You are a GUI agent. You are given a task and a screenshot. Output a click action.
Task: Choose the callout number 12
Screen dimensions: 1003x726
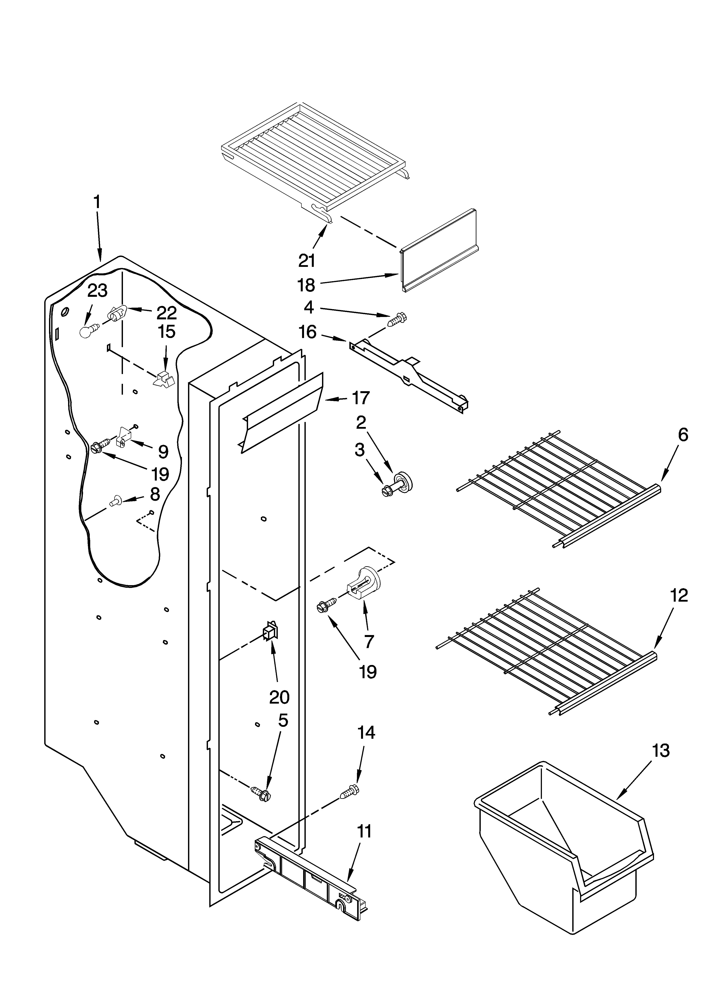[679, 596]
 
